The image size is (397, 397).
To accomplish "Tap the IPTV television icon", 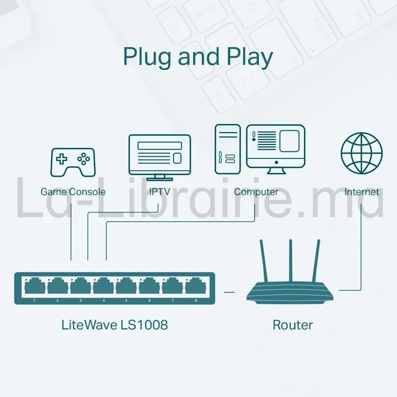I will (159, 154).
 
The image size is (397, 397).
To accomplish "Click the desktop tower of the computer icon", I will (228, 149).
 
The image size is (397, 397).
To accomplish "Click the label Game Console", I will (73, 192).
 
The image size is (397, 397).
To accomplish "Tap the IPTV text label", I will (159, 192).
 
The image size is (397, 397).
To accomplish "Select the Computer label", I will (256, 192).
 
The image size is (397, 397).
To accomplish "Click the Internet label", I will (362, 192).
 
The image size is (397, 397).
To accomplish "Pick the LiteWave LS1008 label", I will (115, 325).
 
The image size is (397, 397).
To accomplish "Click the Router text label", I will (293, 325).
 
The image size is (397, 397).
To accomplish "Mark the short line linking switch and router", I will (229, 292).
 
